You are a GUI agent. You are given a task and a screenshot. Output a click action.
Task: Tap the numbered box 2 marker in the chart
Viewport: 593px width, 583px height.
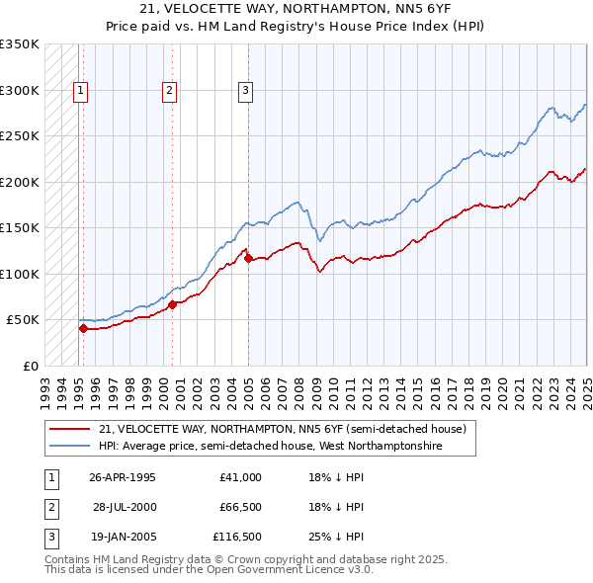170,91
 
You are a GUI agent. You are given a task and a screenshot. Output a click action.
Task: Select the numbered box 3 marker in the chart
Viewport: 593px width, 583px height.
245,91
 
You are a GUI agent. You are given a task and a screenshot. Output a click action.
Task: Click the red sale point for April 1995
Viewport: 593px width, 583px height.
83,328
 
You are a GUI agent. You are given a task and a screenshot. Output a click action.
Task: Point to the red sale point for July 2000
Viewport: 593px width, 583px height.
172,304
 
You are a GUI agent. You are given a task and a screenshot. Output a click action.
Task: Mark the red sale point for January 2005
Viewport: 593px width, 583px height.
248,259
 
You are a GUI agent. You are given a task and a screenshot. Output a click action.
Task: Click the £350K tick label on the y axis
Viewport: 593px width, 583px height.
20,44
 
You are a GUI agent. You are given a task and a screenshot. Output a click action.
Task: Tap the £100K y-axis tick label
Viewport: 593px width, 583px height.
20,274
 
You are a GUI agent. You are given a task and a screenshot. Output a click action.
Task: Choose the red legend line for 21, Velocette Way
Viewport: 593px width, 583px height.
70,429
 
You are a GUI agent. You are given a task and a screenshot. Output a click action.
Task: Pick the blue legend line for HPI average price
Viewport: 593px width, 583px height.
70,447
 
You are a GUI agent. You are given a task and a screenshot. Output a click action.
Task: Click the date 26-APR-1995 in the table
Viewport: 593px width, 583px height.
123,477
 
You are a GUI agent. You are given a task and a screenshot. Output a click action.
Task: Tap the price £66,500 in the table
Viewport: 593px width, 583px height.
237,507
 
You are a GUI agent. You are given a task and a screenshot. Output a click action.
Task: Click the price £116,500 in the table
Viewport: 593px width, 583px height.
237,537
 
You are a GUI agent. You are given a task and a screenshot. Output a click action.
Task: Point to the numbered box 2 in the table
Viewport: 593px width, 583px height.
51,507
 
